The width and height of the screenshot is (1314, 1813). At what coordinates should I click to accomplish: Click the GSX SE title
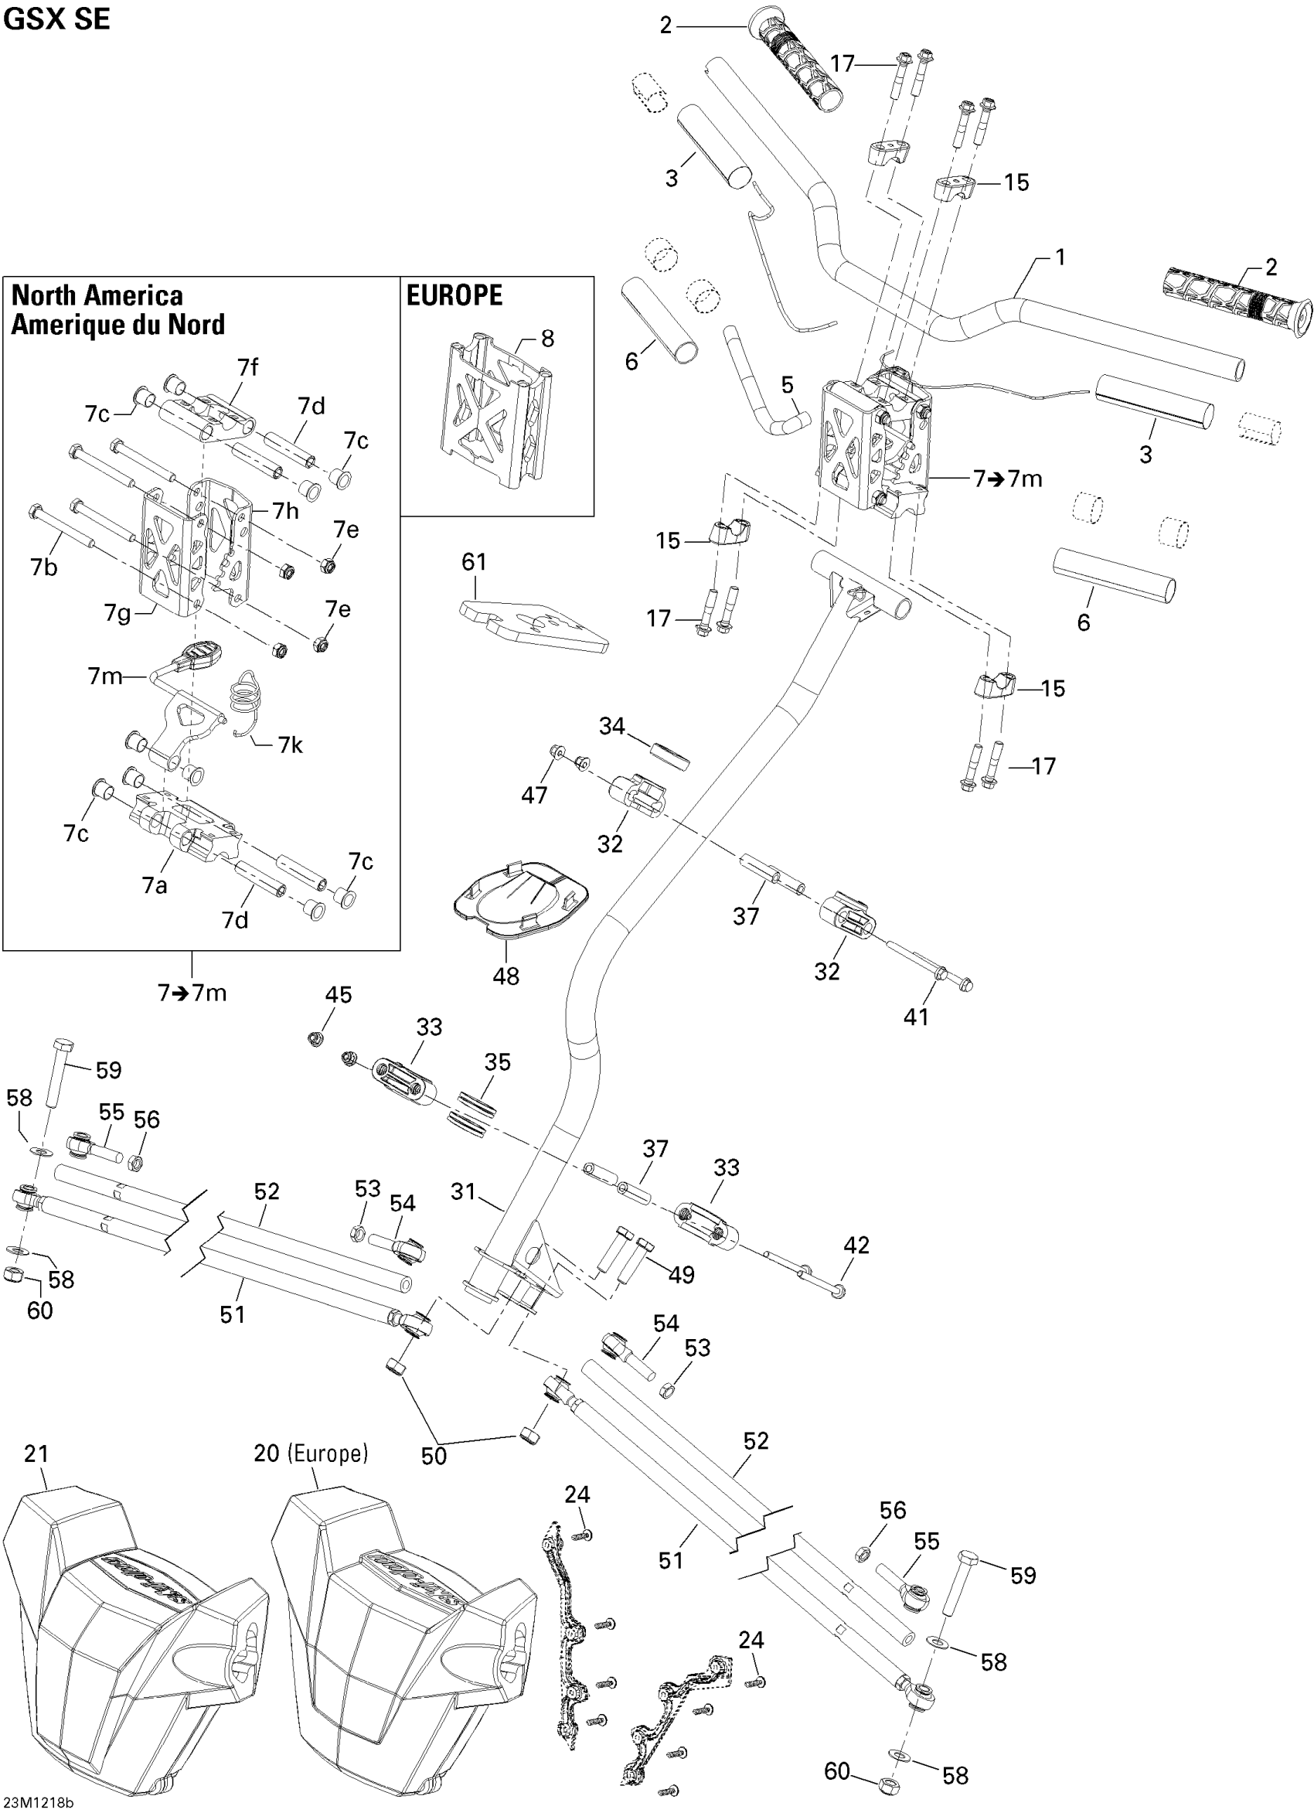56,19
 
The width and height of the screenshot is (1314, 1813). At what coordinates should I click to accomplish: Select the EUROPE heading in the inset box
454,296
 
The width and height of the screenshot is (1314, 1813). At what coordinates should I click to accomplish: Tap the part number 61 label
474,562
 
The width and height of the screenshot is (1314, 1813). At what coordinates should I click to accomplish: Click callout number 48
506,976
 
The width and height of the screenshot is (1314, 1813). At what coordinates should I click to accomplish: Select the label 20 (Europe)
311,1453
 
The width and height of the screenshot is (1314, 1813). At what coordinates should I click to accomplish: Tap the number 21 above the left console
36,1453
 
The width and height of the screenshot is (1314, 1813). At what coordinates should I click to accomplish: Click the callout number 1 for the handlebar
1060,257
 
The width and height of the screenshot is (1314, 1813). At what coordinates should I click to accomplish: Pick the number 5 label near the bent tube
788,384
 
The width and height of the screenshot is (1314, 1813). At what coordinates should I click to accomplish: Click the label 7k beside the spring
290,745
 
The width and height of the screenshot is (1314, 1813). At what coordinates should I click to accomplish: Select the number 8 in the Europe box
547,338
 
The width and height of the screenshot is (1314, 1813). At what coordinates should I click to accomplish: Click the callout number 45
338,994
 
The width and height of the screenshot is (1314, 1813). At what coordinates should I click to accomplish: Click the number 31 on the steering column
464,1192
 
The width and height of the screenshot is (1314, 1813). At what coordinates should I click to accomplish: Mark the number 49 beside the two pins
681,1274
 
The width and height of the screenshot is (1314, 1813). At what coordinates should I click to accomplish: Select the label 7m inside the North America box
105,676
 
